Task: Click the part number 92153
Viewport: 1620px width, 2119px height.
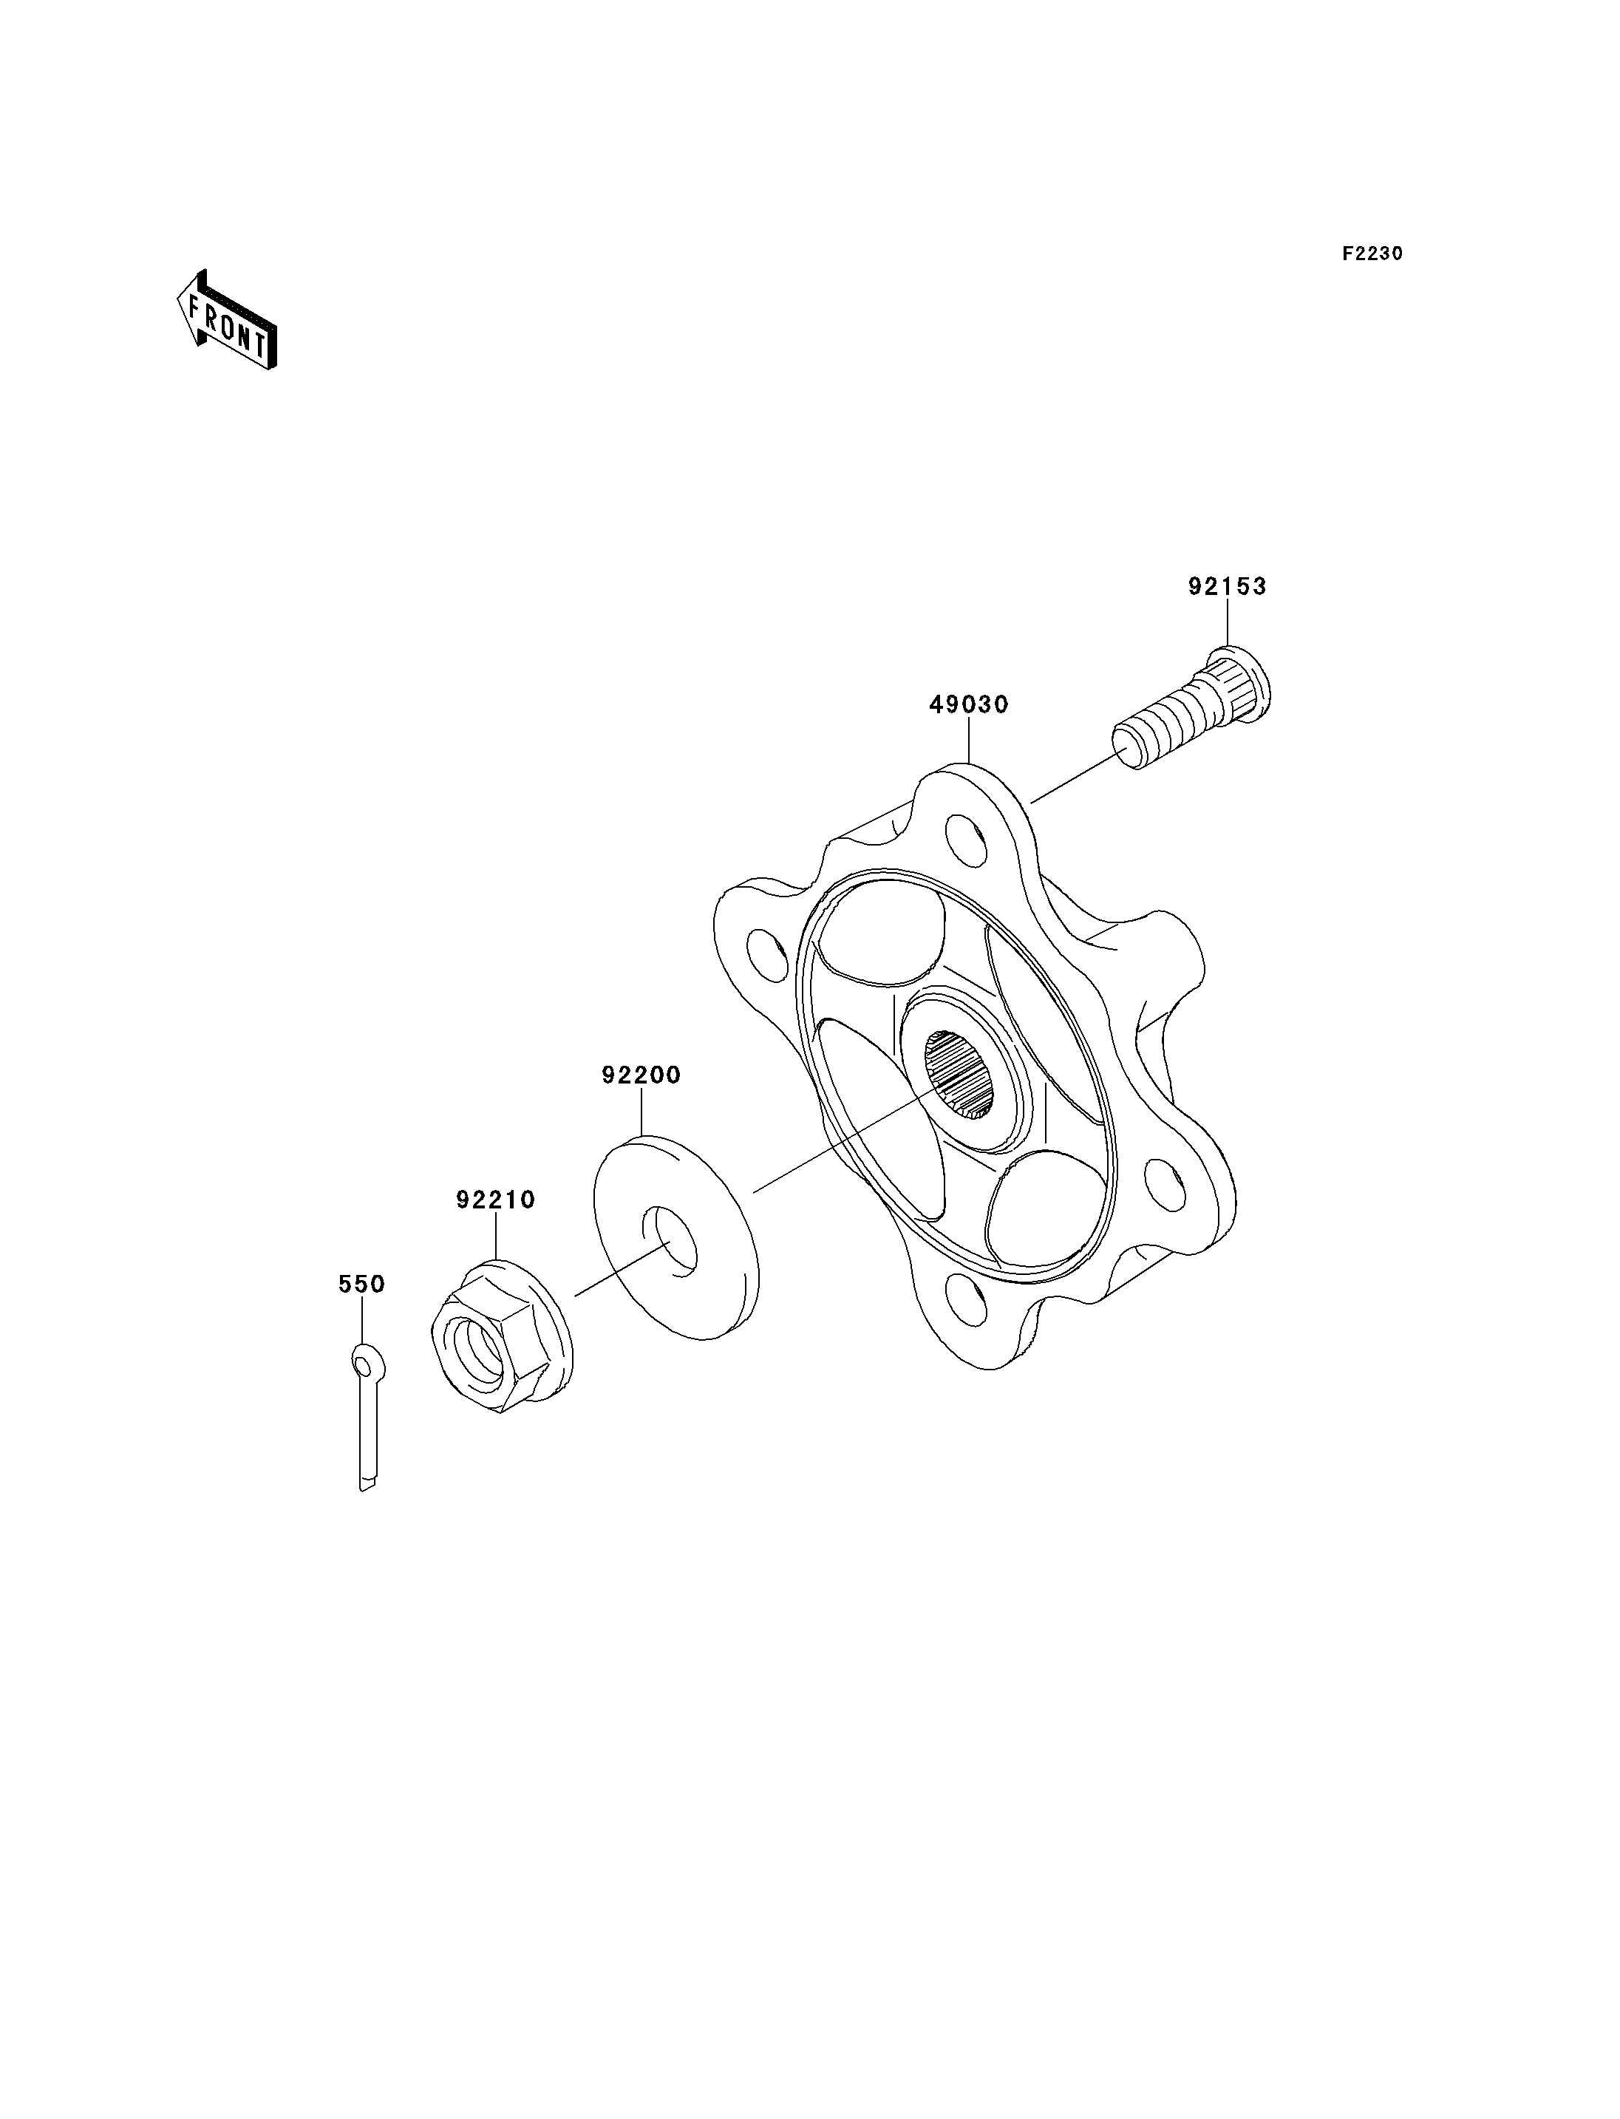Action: (1227, 586)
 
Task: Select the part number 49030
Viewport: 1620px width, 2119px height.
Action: (968, 705)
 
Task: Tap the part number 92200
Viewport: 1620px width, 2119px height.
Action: (641, 1075)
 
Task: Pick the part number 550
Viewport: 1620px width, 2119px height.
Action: (361, 1284)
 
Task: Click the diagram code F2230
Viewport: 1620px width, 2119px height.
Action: (1373, 254)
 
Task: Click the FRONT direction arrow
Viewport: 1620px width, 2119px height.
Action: (227, 320)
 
